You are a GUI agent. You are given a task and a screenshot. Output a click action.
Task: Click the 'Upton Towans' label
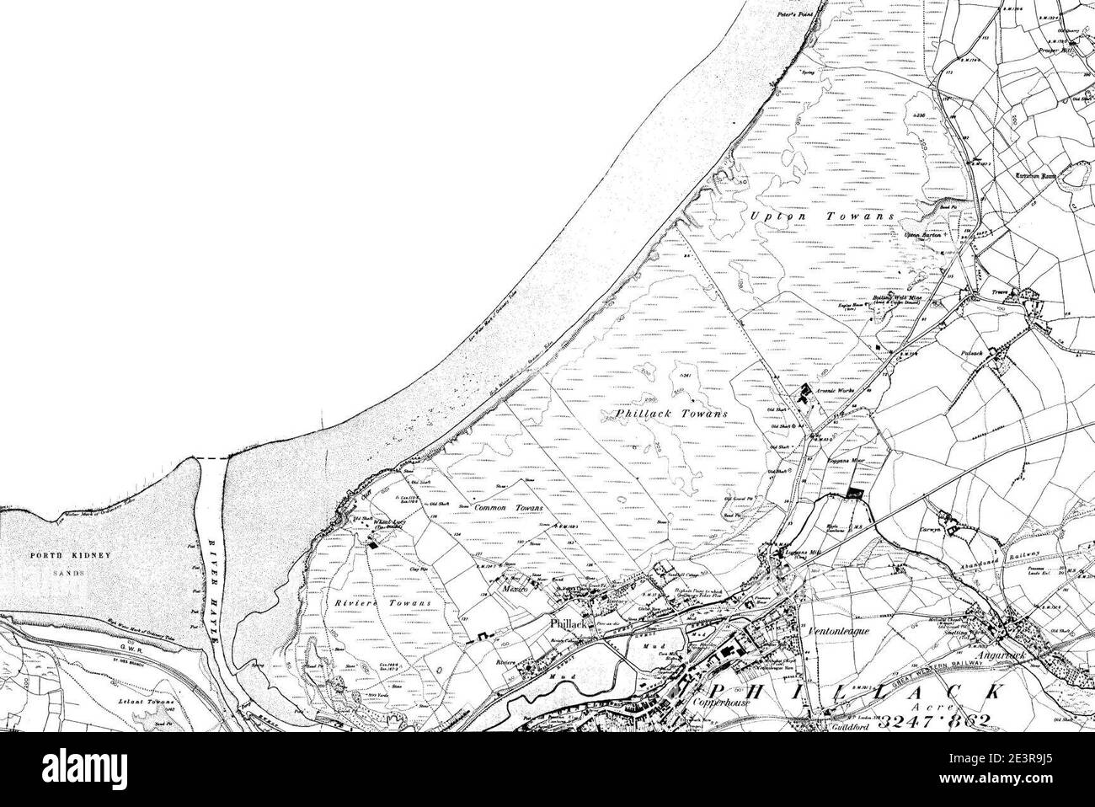pos(817,217)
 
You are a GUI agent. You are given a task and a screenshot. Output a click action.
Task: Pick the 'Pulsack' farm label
pos(973,355)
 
